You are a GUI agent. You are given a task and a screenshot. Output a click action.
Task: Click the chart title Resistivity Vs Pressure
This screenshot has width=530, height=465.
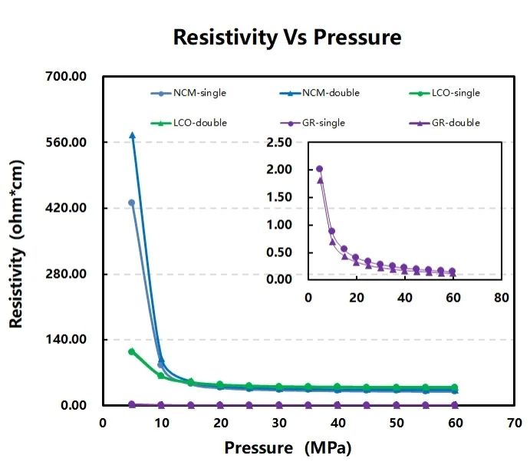click(287, 37)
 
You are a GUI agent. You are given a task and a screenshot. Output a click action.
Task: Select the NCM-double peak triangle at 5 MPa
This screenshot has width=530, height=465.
click(132, 135)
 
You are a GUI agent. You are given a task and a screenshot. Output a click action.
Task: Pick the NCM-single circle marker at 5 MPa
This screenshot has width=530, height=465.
click(132, 203)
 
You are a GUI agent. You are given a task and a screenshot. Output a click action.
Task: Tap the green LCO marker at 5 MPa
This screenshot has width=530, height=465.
click(132, 351)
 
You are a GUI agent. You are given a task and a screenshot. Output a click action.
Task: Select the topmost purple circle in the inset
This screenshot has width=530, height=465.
click(320, 169)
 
